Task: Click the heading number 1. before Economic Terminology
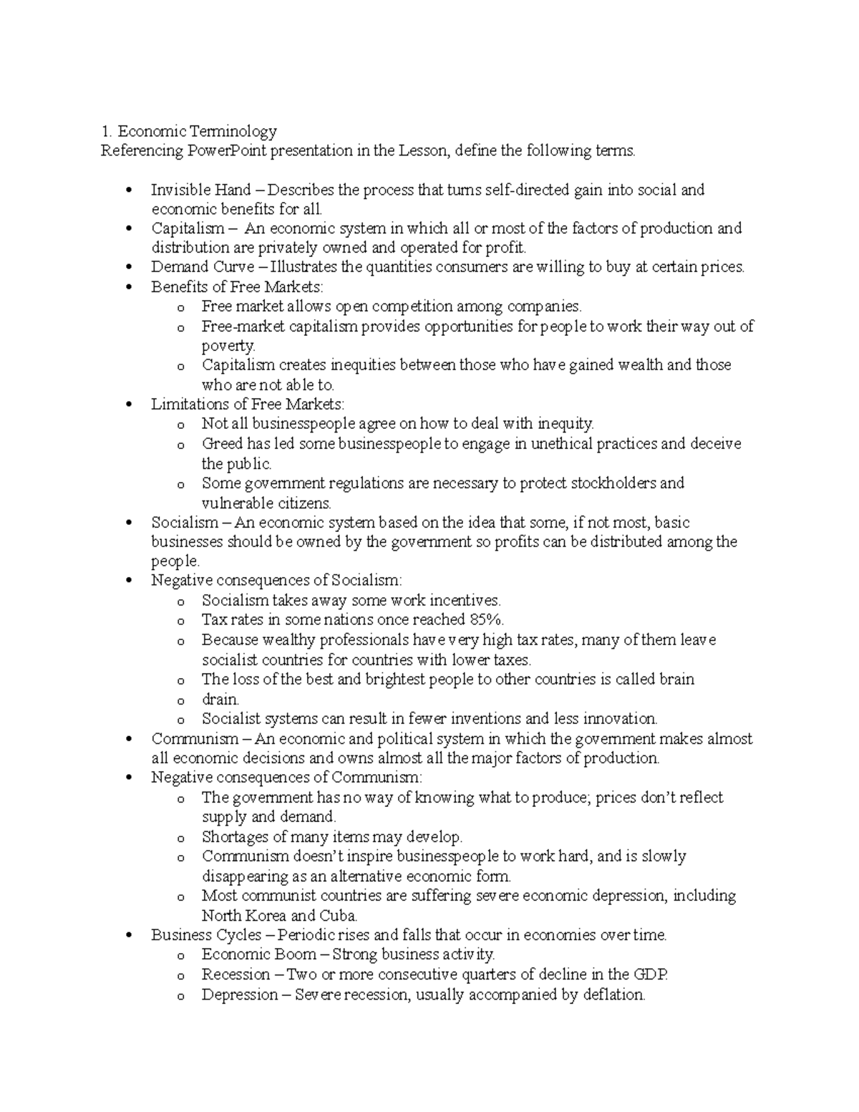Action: pyautogui.click(x=106, y=131)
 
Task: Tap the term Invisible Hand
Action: pyautogui.click(x=200, y=190)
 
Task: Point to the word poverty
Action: pyautogui.click(x=228, y=346)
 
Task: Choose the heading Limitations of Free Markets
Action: pyautogui.click(x=248, y=405)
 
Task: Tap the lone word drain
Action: pyautogui.click(x=220, y=700)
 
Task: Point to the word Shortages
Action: pyautogui.click(x=234, y=837)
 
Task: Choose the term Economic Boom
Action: pyautogui.click(x=258, y=954)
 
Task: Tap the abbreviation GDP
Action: pyautogui.click(x=651, y=975)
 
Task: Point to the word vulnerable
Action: pyautogui.click(x=234, y=503)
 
